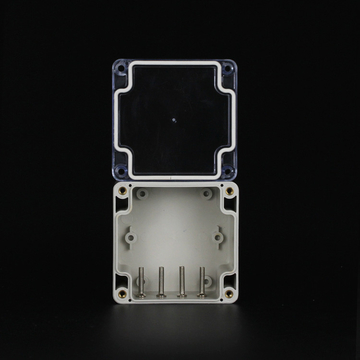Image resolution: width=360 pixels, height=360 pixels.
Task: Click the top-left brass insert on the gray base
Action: [123, 188]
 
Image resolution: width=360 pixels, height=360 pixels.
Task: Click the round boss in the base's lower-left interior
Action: [146, 286]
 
